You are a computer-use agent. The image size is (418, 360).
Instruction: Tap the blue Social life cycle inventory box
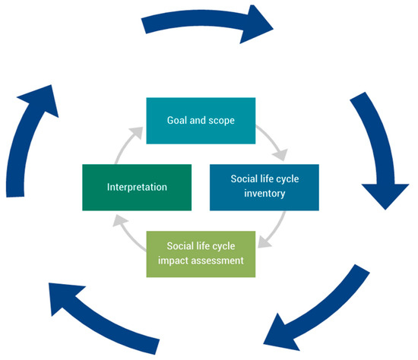pyautogui.click(x=264, y=186)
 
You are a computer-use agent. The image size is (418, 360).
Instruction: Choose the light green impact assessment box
pyautogui.click(x=201, y=252)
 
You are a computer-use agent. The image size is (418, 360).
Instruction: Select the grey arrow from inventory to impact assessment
pyautogui.click(x=274, y=232)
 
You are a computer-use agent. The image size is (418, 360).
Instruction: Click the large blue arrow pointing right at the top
pyautogui.click(x=209, y=24)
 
